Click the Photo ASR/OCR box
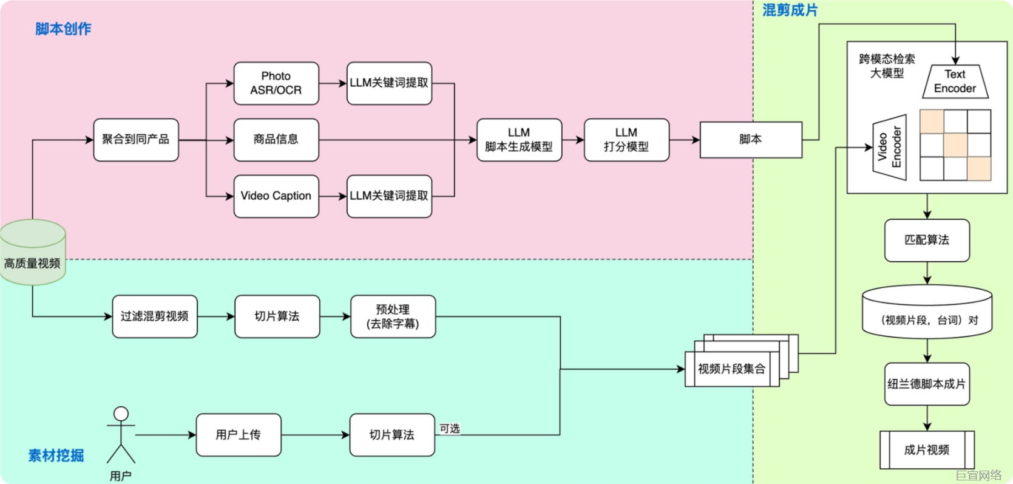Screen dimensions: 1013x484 coord(276,83)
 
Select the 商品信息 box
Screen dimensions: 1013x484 coord(276,140)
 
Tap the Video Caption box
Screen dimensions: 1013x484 coord(276,196)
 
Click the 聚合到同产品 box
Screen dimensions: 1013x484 coord(136,140)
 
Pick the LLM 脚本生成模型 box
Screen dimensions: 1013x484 coord(519,140)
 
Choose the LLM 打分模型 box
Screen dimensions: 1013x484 coord(627,140)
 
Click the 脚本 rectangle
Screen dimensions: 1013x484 coord(751,140)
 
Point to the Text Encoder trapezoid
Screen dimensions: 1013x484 coord(955,81)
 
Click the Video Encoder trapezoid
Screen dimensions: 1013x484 coord(890,148)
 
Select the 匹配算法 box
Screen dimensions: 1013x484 coord(927,240)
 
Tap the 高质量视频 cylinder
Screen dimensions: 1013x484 coord(33,252)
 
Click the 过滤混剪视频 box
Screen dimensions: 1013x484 coord(155,316)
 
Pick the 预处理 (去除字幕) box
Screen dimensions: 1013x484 coord(393,316)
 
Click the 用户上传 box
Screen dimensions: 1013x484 coord(239,435)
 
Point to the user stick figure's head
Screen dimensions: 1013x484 coord(121,414)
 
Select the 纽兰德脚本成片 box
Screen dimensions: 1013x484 coord(927,384)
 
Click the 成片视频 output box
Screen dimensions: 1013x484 coord(927,450)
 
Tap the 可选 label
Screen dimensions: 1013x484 coord(450,428)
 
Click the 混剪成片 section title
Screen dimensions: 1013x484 coord(790,10)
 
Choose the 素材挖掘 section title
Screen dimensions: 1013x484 coord(56,455)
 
